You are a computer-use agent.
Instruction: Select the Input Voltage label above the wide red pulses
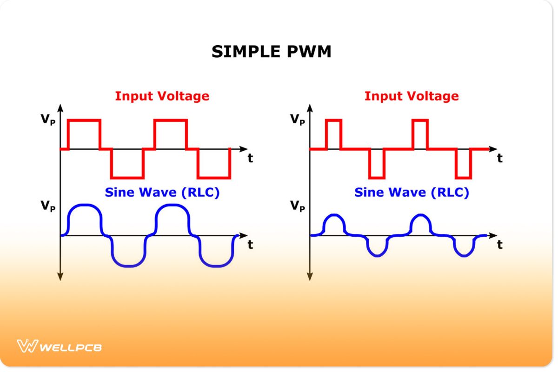[x=162, y=96]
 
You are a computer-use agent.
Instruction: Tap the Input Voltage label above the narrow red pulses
[x=411, y=96]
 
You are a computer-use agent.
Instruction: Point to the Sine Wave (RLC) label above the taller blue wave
[x=162, y=192]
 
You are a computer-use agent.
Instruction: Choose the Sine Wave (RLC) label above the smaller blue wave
[x=411, y=192]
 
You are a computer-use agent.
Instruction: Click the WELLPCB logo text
[x=71, y=347]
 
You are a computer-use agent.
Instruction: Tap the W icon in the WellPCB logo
[x=27, y=346]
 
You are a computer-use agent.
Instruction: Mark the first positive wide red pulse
[x=84, y=134]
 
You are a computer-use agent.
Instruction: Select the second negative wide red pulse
[x=214, y=164]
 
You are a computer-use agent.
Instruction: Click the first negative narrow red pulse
[x=377, y=164]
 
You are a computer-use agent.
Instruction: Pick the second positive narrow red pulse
[x=420, y=134]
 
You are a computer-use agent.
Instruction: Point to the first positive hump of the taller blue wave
[x=84, y=219]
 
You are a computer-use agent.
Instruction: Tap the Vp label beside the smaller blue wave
[x=297, y=206]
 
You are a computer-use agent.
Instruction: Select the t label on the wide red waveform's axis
[x=250, y=158]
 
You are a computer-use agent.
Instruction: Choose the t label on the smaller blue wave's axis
[x=499, y=245]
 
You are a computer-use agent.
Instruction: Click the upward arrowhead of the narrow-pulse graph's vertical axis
[x=310, y=108]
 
